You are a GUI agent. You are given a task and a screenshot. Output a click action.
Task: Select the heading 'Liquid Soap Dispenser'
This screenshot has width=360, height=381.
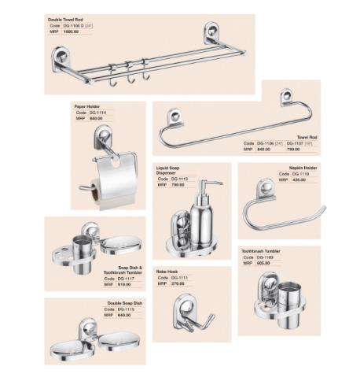(172, 171)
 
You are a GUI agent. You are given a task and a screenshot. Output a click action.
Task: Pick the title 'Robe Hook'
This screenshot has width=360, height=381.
(168, 271)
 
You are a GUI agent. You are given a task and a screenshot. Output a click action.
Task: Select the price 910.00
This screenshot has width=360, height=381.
(126, 284)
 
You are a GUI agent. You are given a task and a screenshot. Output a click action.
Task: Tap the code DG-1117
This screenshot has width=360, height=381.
(128, 278)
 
